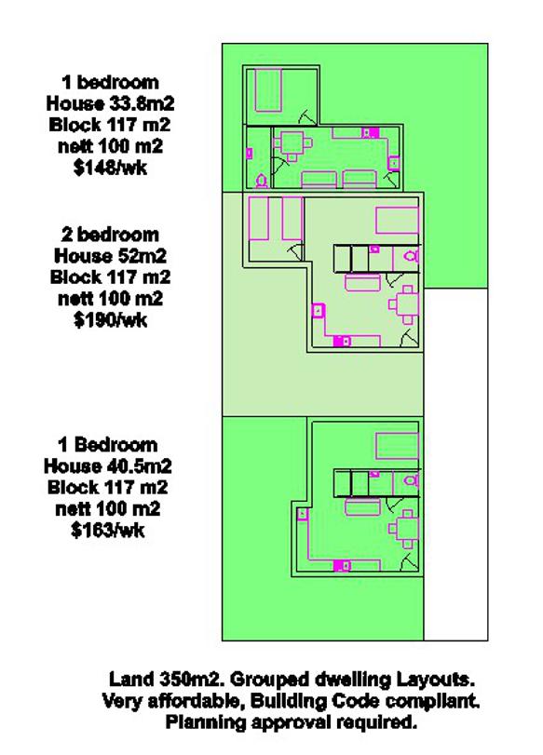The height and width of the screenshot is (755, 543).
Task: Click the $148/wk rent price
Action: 110,168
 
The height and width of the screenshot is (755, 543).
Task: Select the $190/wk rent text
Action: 110,319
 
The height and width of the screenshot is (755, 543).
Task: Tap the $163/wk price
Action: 108,530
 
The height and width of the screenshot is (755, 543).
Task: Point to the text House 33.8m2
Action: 110,103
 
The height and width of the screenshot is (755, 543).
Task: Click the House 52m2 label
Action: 110,256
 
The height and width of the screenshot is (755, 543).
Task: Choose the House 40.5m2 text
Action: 108,466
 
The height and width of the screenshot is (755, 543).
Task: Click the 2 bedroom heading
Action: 110,235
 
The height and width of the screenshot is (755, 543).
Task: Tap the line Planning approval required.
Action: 292,721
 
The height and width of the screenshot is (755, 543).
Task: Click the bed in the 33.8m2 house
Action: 268,90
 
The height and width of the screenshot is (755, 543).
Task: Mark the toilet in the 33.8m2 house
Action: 262,182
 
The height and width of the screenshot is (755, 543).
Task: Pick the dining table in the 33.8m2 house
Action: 292,144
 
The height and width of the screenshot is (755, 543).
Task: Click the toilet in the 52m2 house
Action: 412,255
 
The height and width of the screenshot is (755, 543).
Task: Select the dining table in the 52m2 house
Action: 405,304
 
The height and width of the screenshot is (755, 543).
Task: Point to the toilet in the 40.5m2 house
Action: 412,480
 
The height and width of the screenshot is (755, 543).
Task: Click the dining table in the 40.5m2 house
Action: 405,529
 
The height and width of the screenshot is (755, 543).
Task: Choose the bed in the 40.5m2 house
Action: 397,446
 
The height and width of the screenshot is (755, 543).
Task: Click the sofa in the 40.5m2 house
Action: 363,507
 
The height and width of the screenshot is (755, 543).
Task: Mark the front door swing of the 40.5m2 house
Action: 409,563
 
